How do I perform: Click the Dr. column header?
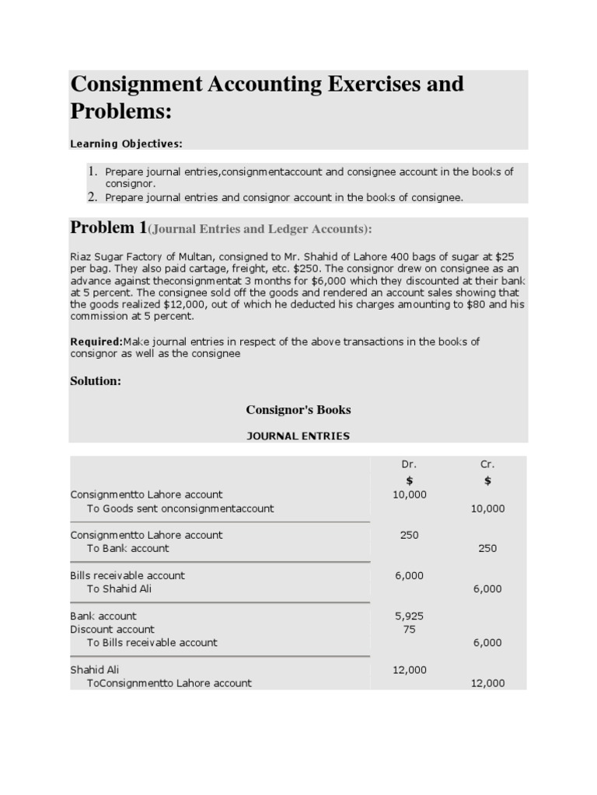409,464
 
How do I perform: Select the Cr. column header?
487,464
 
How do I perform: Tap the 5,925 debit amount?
409,616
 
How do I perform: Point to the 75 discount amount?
409,630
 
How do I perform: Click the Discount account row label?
112,630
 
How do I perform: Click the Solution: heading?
96,381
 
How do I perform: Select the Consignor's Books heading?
298,409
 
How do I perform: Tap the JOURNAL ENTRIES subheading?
298,436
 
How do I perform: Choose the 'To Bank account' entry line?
127,548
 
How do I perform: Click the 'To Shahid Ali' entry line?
119,589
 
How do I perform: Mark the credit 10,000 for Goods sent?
487,509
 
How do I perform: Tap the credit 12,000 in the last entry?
487,683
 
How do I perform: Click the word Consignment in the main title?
139,84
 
